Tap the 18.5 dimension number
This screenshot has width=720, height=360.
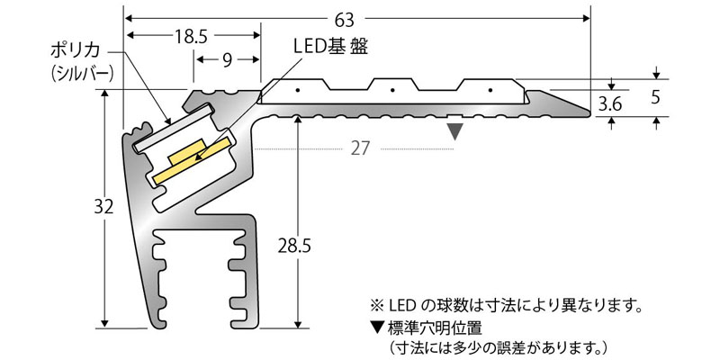click(x=192, y=36)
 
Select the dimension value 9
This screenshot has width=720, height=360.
click(x=227, y=60)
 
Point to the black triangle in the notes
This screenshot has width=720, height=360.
click(x=376, y=326)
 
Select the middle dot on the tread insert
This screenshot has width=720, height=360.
click(x=392, y=90)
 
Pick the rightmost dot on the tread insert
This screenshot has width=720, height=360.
click(x=490, y=90)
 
